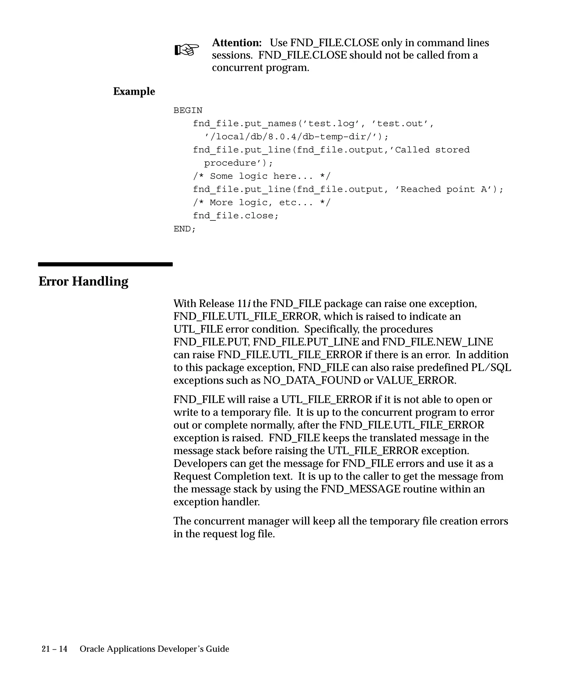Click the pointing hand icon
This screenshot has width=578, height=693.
coord(187,50)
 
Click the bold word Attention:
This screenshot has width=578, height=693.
coord(237,43)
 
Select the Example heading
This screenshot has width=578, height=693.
coord(134,91)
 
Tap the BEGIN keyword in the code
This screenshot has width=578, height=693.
coord(188,110)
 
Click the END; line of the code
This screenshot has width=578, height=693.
coord(185,229)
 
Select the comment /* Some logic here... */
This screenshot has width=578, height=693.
coord(262,176)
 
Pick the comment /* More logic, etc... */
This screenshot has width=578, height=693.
coord(262,203)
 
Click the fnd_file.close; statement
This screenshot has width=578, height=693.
coord(236,216)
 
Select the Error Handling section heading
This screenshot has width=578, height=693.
coord(84,281)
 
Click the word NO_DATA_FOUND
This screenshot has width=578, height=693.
coord(312,381)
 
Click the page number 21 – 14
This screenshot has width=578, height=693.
coord(54,649)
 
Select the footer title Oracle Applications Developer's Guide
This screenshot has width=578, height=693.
coord(154,649)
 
